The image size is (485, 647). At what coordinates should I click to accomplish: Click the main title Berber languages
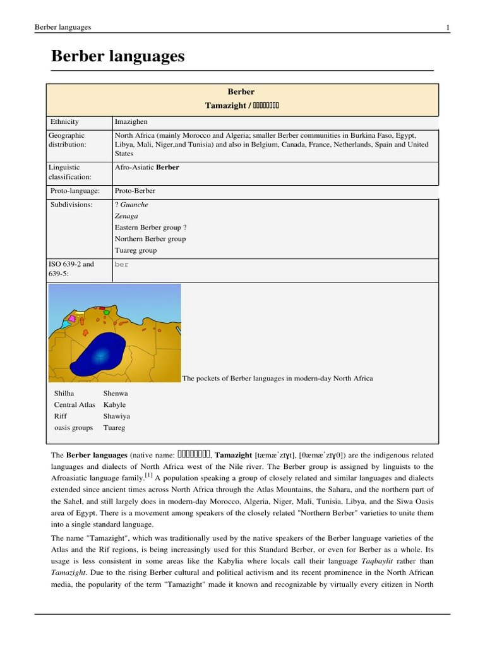pos(117,56)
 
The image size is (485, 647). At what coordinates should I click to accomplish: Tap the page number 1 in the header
pos(448,27)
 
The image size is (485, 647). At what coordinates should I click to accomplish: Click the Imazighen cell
pos(131,121)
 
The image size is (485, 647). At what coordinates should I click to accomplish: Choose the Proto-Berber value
pos(135,191)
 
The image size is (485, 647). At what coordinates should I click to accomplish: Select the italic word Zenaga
pos(126,216)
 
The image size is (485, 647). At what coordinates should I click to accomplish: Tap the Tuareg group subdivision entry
pos(136,250)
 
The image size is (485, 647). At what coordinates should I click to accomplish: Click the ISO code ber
pos(121,265)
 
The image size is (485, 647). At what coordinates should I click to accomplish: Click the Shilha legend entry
pos(64,394)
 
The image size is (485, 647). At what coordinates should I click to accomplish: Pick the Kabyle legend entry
pos(114,405)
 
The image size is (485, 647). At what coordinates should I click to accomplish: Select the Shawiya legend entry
pos(116,416)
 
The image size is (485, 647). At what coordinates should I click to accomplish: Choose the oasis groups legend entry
pos(73,428)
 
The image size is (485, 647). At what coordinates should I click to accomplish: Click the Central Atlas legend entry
pos(75,405)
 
